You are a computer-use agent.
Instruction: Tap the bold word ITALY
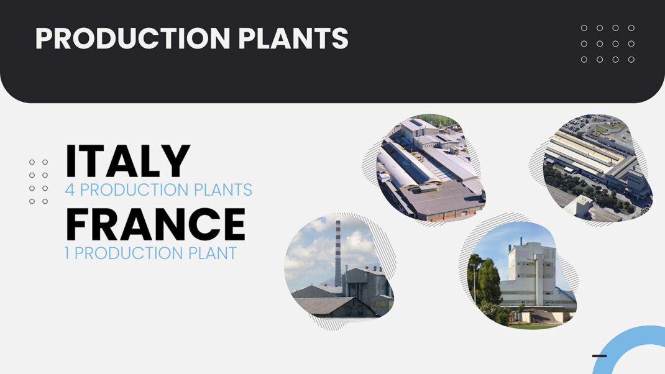tap(127, 162)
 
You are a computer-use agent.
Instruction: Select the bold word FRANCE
tap(155, 225)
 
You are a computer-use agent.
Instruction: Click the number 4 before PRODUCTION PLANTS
tap(69, 189)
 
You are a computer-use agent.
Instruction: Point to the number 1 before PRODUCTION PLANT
tap(67, 253)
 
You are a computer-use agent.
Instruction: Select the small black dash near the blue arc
tap(599, 356)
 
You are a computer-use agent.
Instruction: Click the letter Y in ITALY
tap(177, 162)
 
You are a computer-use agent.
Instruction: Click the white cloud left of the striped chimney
tap(311, 249)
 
